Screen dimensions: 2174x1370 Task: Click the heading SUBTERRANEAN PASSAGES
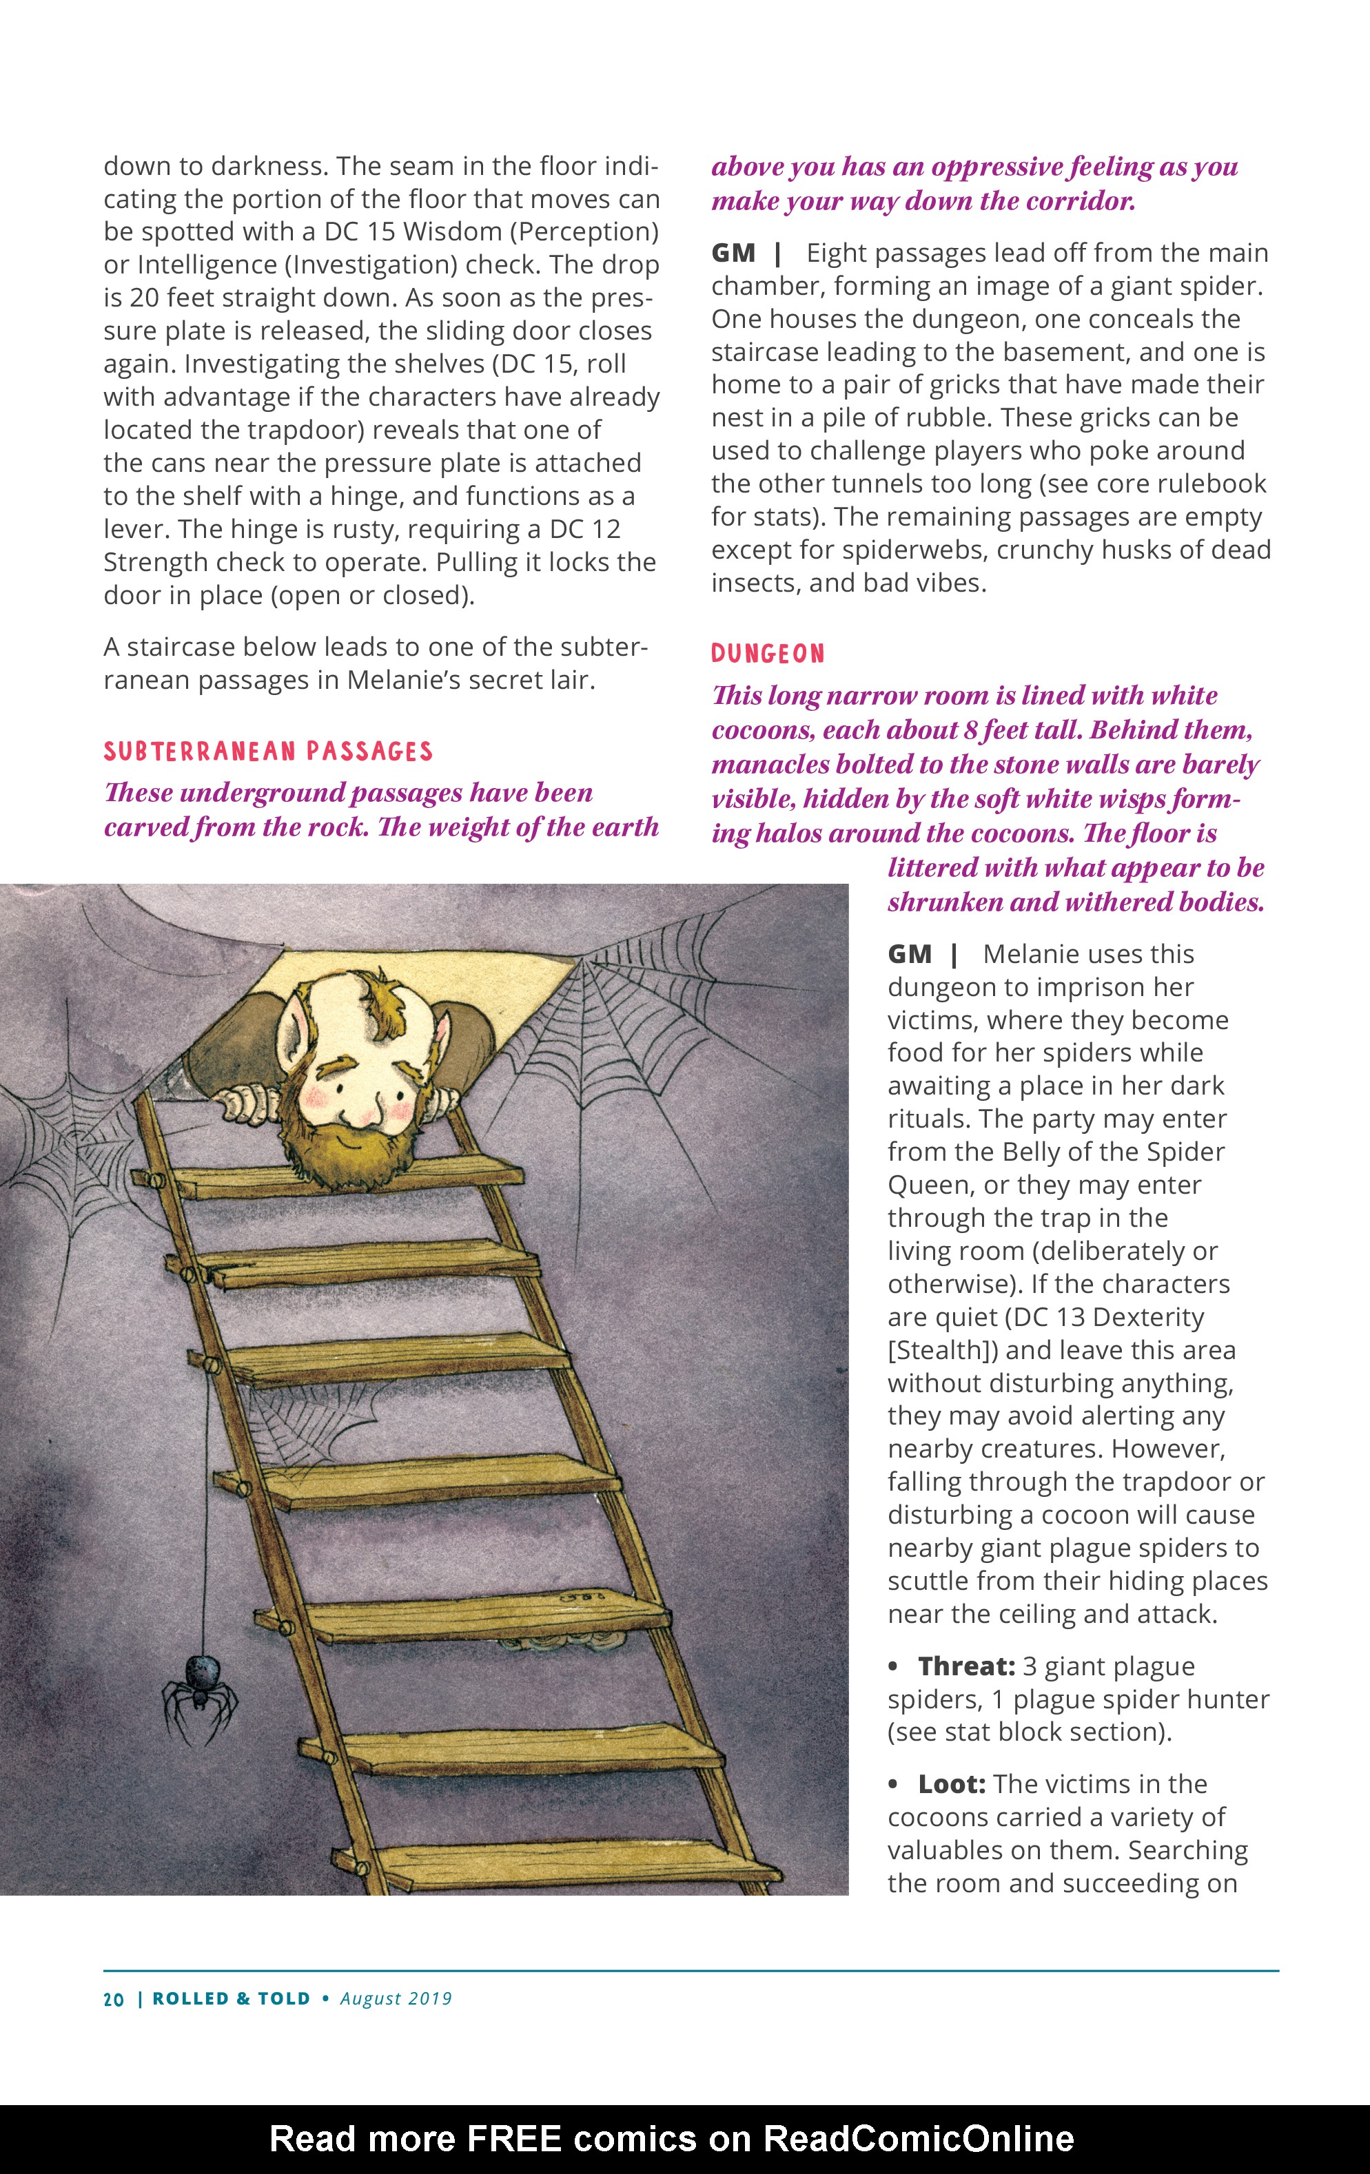click(x=268, y=751)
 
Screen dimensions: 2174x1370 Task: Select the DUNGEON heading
click(x=768, y=654)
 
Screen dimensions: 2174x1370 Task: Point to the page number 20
click(x=114, y=1999)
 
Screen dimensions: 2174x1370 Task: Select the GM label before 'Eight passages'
click(x=733, y=253)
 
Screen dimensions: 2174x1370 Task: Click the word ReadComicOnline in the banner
click(x=919, y=2138)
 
